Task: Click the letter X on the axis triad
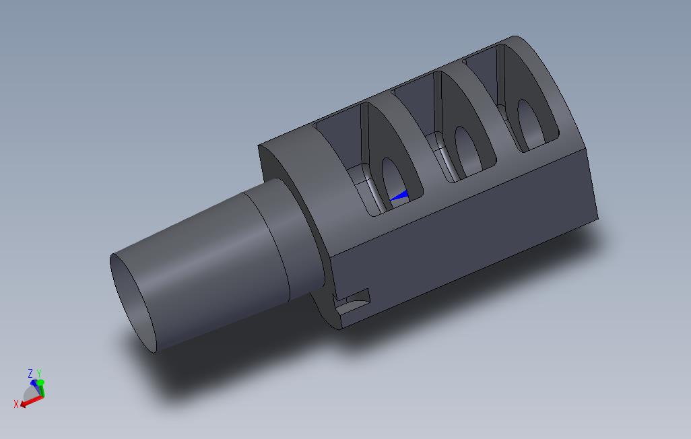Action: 16,404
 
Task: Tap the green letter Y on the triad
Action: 39,374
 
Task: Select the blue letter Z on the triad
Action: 30,374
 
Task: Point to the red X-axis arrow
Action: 31,401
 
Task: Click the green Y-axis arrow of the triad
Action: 41,389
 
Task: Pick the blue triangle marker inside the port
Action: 399,196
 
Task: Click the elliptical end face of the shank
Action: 133,303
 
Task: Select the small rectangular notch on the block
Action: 352,303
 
